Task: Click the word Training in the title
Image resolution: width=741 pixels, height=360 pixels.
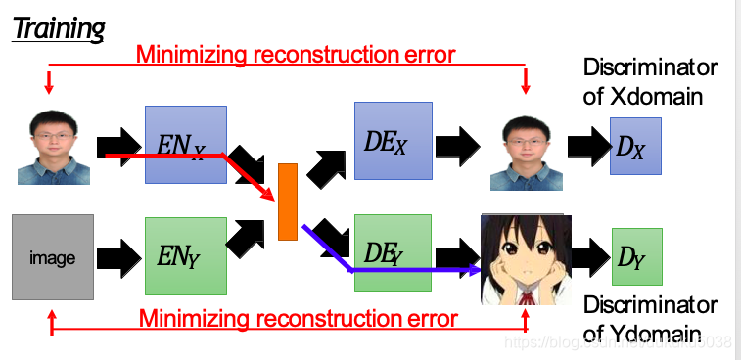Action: tap(58, 28)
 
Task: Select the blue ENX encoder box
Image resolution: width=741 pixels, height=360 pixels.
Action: tap(186, 145)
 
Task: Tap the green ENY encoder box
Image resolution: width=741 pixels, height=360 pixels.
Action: tap(185, 257)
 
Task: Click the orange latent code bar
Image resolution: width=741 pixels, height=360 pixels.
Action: tap(287, 202)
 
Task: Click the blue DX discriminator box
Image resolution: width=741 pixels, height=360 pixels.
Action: tap(635, 146)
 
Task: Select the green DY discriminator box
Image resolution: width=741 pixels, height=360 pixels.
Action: tap(636, 256)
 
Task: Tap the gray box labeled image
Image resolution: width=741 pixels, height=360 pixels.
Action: tap(53, 257)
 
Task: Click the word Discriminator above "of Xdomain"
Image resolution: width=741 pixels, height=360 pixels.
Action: tap(650, 67)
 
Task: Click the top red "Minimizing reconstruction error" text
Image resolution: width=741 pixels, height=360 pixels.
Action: tap(296, 54)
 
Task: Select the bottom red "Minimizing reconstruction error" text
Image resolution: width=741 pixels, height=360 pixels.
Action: tap(298, 318)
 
